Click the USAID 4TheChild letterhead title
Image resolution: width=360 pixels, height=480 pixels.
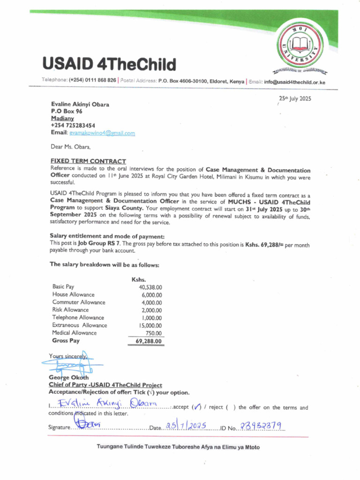coord(109,64)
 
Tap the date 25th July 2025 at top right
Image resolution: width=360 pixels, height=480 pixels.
coord(295,98)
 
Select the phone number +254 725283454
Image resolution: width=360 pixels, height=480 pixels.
coord(73,126)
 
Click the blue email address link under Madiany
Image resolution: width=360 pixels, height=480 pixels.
coord(102,133)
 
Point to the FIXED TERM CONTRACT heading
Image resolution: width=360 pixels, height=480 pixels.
coord(88,161)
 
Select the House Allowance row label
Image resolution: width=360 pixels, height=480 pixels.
coord(73,294)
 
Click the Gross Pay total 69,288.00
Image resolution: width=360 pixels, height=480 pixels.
coord(149,341)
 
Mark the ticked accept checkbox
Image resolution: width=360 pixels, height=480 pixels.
coord(197,407)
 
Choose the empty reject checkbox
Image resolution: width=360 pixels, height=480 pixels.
coord(230,407)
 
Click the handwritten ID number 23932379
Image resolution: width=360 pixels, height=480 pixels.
coord(260,426)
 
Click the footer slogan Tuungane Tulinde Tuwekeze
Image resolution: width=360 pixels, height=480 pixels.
coord(178,447)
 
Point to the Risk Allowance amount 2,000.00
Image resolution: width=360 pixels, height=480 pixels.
coord(151,310)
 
